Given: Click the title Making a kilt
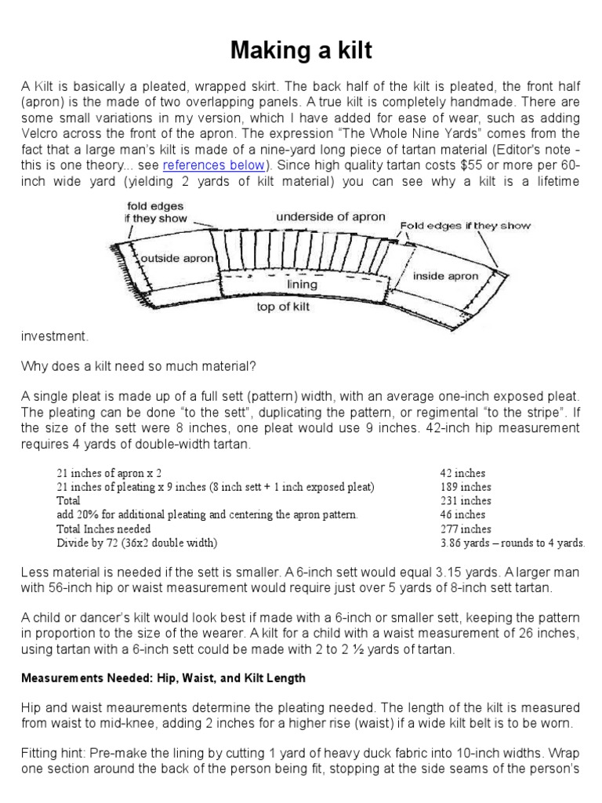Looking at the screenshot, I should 301,52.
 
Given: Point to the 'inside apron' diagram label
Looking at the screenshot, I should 445,276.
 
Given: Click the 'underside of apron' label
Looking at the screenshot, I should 330,216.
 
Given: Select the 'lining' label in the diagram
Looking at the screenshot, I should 302,285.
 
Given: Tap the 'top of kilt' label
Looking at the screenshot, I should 283,307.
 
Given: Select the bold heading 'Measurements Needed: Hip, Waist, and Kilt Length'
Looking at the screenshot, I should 163,678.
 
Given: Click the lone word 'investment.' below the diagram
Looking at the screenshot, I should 55,336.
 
